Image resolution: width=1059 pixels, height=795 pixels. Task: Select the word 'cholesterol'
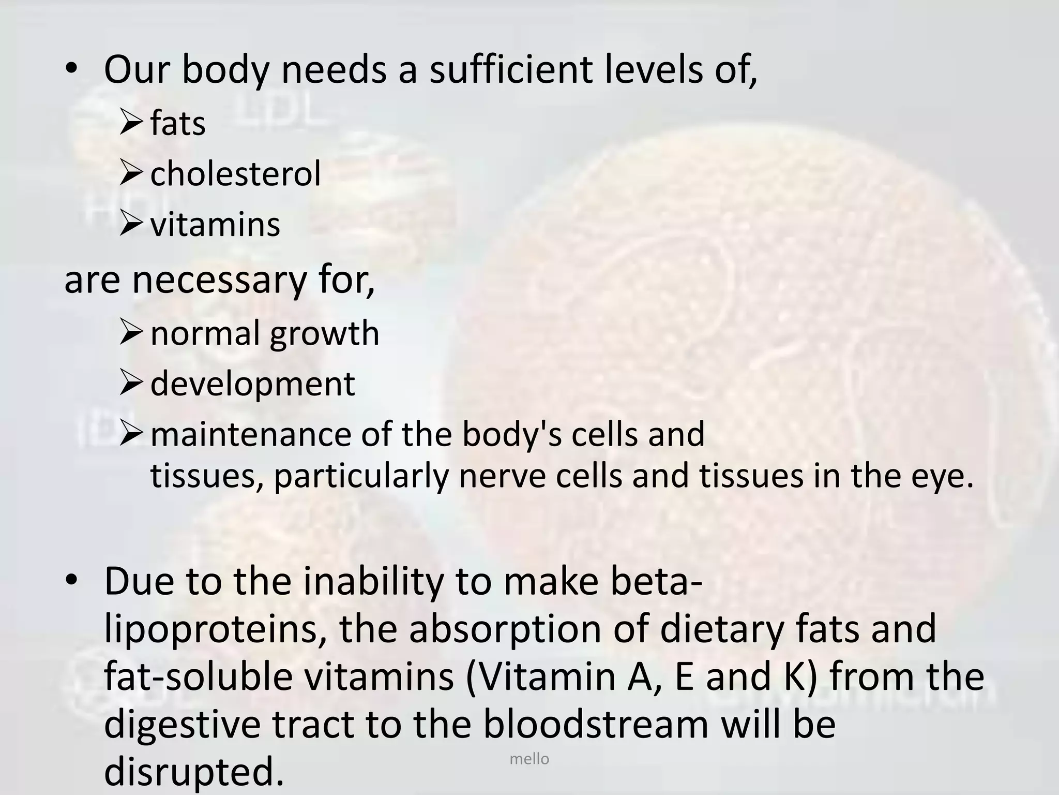coord(235,173)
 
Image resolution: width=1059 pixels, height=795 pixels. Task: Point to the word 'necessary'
coord(220,281)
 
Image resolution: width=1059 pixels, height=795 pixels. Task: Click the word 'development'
coord(252,384)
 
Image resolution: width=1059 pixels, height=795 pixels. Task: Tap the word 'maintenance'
coord(251,434)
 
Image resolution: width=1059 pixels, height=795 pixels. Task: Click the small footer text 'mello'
coord(529,759)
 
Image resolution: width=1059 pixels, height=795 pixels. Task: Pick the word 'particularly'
coord(360,476)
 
